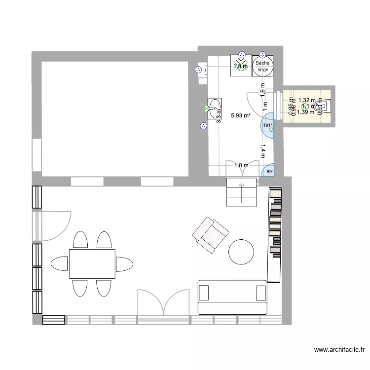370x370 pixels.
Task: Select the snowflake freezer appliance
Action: (241, 66)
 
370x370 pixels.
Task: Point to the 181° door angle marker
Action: (267, 125)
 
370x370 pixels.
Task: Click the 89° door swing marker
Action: (269, 172)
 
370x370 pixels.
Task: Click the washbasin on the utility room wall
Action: (215, 109)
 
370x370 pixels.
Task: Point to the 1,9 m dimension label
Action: (263, 88)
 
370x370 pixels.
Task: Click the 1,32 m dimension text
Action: (306, 100)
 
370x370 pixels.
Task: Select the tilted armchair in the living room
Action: (211, 235)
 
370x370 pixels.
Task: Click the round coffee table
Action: (242, 251)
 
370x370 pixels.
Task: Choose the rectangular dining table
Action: (92, 263)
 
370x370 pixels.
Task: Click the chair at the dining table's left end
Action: (60, 263)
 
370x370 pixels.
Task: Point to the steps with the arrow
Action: (242, 193)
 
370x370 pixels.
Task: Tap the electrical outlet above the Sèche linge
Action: (263, 55)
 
